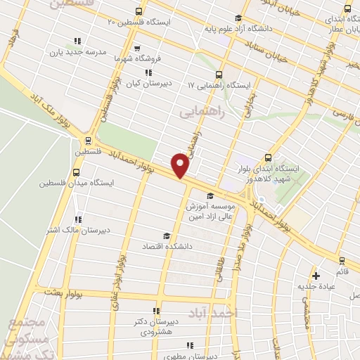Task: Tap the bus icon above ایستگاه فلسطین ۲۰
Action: pos(138,11)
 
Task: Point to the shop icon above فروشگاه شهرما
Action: pos(137,49)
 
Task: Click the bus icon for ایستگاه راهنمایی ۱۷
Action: pos(219,74)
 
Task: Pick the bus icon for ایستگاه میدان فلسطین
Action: pos(76,171)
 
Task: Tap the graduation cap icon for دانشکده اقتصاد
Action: pos(166,236)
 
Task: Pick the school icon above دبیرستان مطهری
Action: pos(190,345)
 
